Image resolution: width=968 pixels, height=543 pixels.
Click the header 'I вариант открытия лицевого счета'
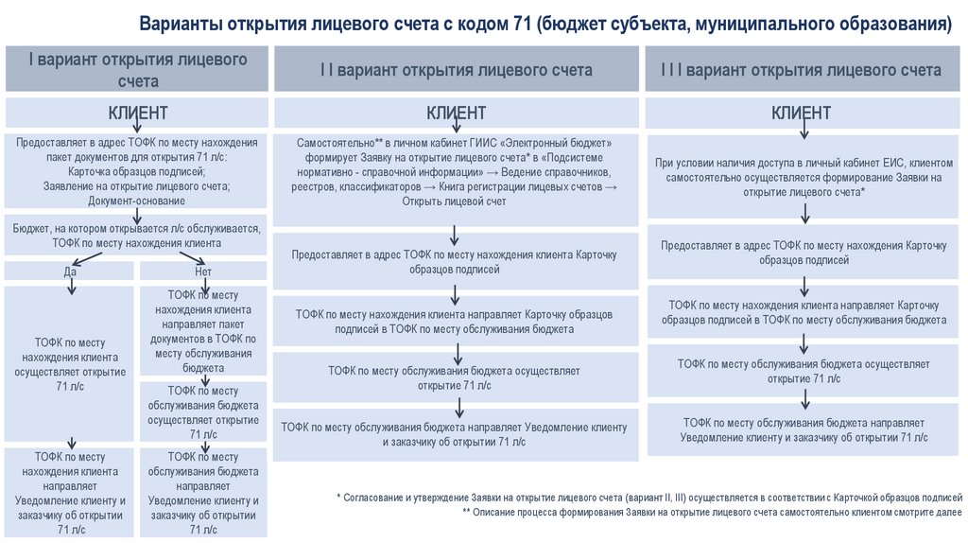[x=138, y=69]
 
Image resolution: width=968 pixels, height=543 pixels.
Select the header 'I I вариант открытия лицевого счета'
[x=456, y=70]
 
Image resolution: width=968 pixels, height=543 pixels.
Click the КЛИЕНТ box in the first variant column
[x=138, y=114]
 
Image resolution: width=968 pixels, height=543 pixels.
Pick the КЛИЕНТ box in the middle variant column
[x=456, y=114]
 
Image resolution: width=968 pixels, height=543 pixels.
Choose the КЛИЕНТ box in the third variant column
[x=801, y=114]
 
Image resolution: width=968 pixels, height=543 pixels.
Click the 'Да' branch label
[x=70, y=271]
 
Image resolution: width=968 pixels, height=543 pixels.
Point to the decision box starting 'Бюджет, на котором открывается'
[x=138, y=236]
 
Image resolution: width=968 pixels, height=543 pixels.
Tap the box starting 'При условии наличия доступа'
[x=801, y=177]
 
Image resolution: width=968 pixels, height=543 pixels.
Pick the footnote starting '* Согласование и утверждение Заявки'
[x=649, y=497]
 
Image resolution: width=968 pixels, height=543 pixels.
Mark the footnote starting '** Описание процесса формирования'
[x=713, y=512]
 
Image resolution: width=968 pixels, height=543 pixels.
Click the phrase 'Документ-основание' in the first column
[x=138, y=201]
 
